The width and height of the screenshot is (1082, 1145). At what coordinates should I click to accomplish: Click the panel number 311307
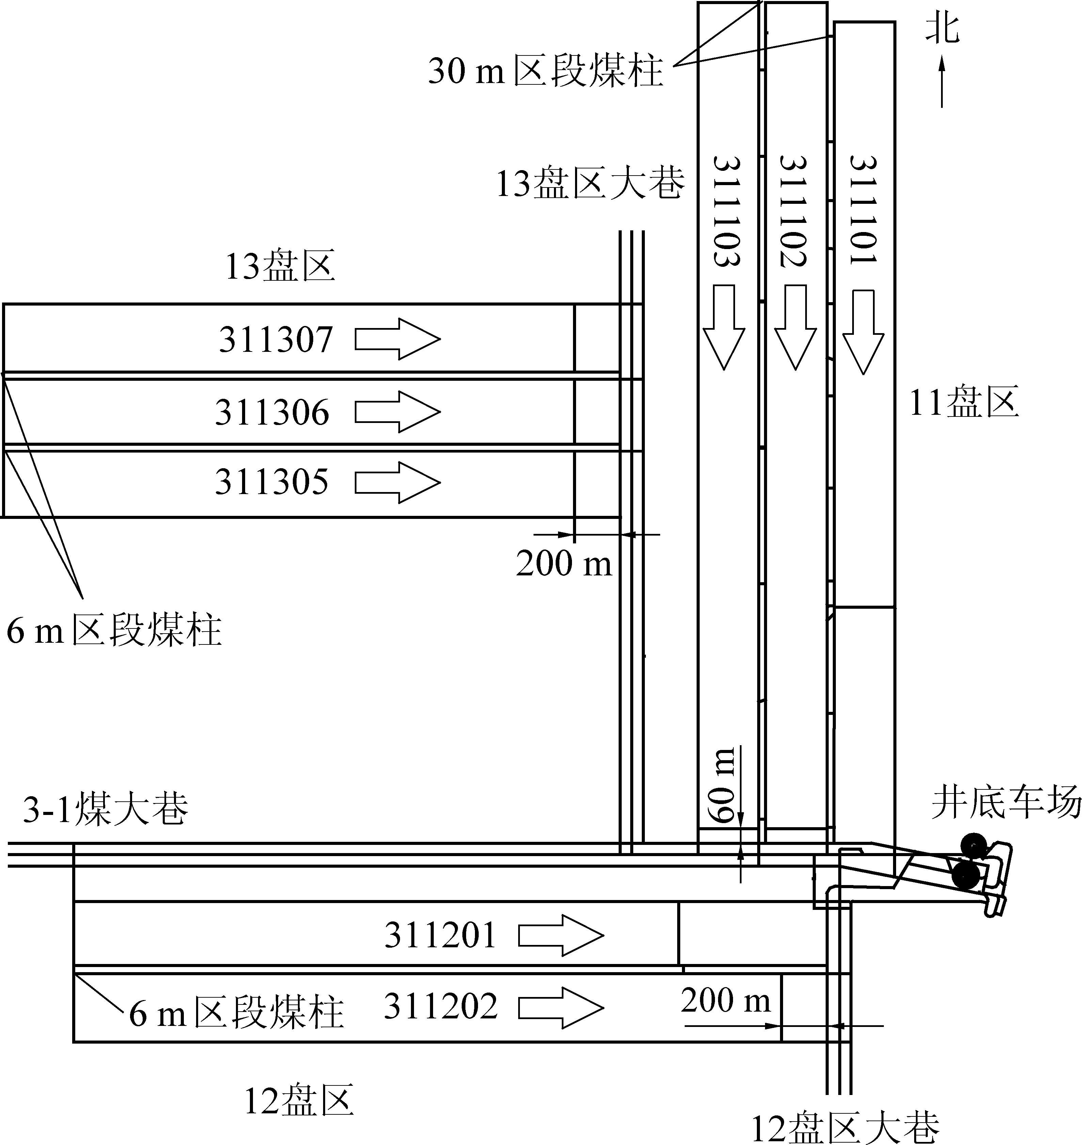coord(276,339)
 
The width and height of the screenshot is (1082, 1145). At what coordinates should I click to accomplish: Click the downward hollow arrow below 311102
coord(795,327)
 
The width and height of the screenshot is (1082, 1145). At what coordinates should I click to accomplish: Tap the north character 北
coord(942,29)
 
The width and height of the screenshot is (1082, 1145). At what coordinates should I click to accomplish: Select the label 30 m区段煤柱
coord(545,71)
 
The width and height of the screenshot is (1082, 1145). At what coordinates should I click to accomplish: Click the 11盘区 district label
coord(964,403)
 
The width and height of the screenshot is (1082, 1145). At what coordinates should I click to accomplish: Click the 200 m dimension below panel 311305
coord(563,563)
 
